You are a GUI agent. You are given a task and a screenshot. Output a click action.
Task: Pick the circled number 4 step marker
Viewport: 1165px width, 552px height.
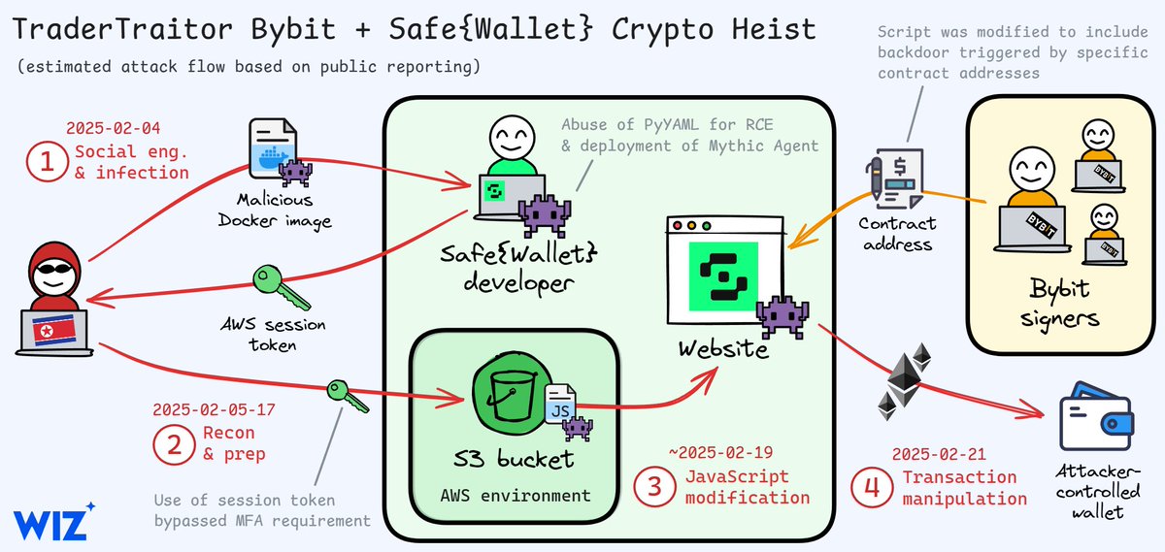[x=871, y=484]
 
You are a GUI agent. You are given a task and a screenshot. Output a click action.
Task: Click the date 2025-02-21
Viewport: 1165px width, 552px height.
[x=938, y=454]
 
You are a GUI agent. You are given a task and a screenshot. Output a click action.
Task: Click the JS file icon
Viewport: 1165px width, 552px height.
[x=560, y=406]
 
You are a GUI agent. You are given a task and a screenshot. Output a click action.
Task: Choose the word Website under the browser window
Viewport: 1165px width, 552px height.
[x=722, y=346]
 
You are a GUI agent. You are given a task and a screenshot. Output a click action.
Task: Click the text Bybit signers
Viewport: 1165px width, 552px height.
[x=1059, y=304]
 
